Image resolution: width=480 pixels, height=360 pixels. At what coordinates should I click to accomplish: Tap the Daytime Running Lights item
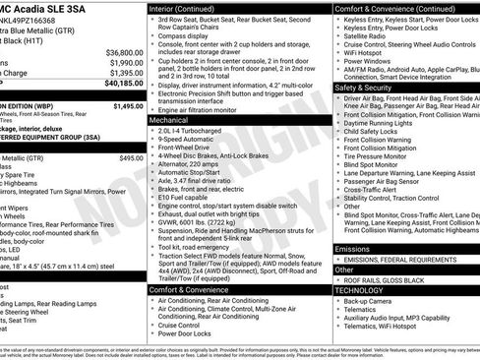tap(384, 123)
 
